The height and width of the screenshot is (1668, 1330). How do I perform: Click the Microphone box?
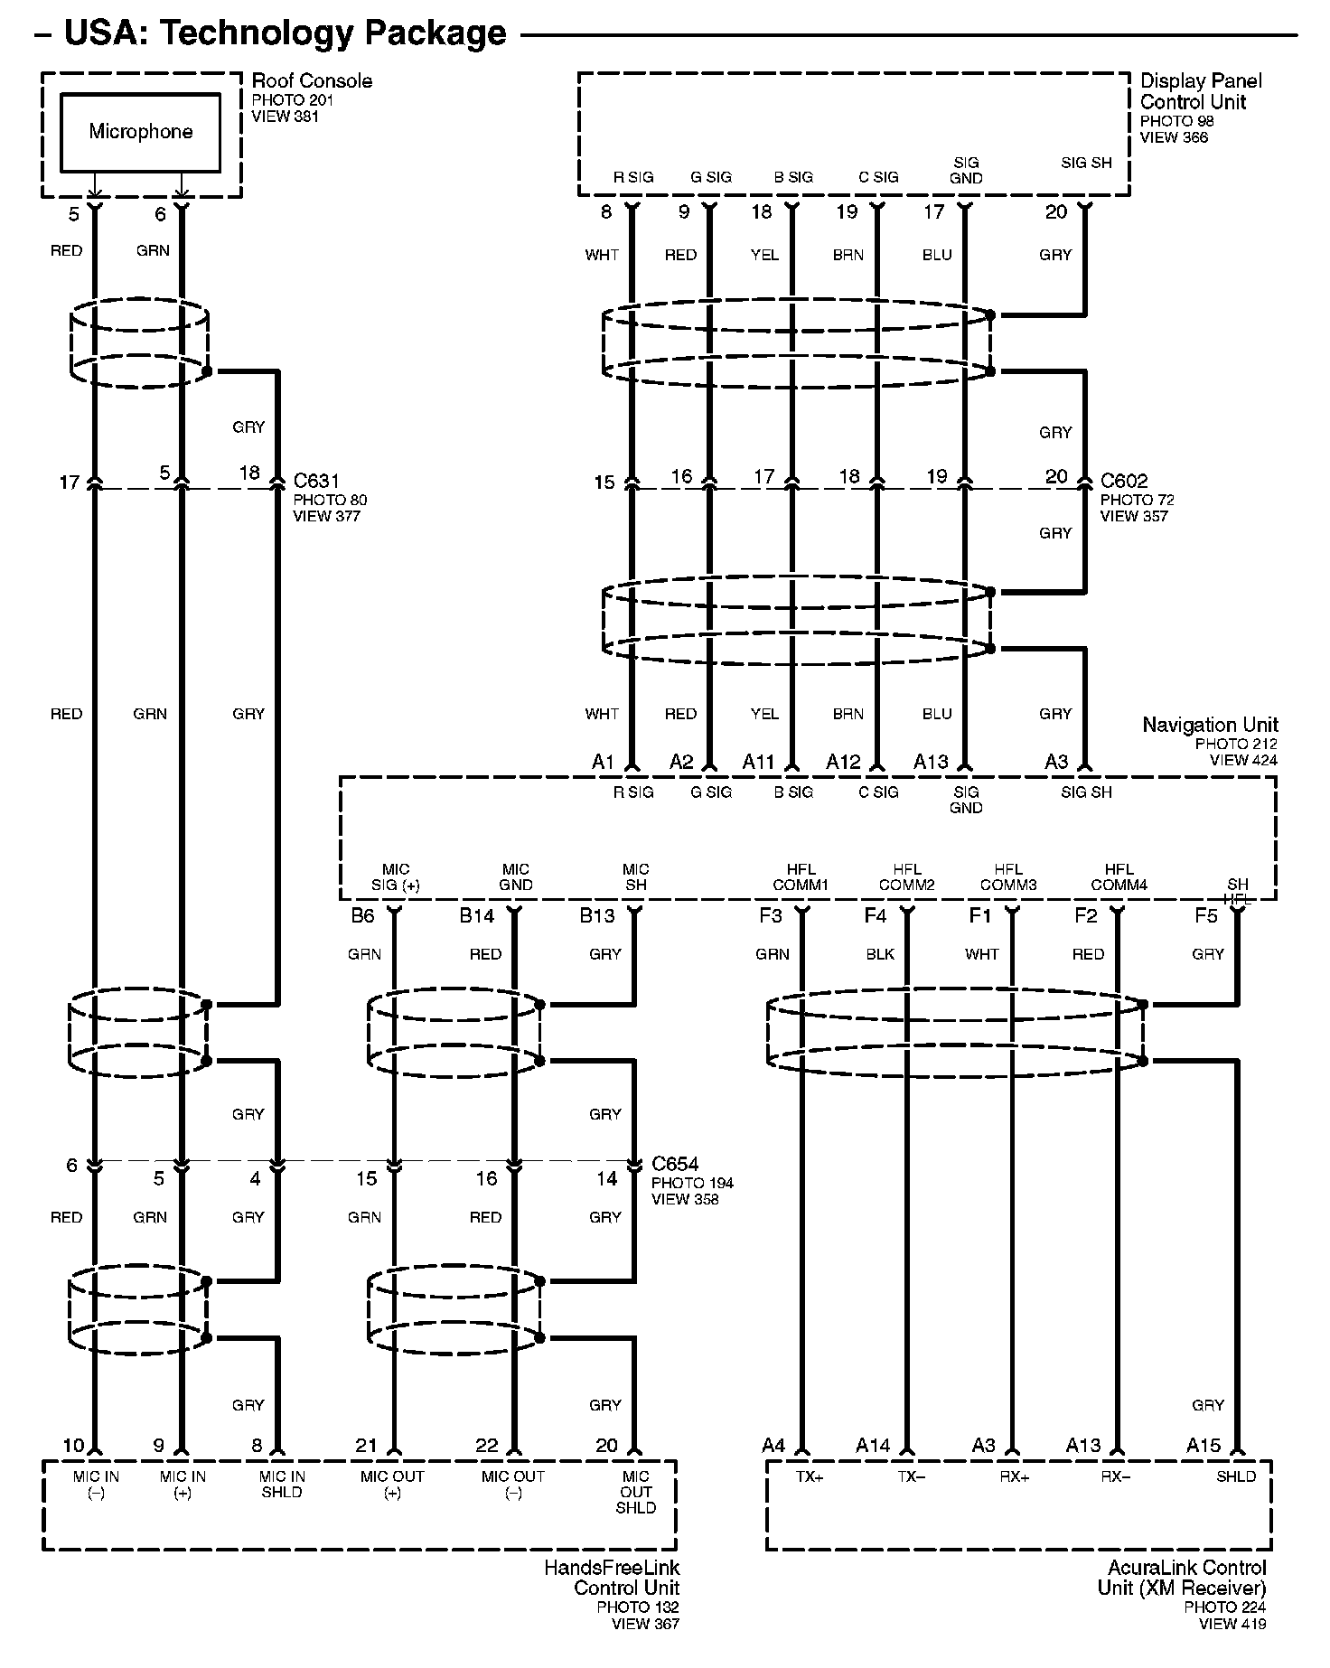(140, 132)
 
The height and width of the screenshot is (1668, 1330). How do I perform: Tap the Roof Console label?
(311, 81)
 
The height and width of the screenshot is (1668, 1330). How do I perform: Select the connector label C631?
(316, 481)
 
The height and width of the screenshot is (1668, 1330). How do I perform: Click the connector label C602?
(1123, 481)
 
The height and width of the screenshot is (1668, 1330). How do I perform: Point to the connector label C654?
(675, 1164)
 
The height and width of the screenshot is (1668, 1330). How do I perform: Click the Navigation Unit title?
(1210, 725)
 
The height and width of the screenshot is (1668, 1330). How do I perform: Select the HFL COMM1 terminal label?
(800, 877)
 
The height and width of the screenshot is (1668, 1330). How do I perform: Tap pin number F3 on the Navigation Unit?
(770, 916)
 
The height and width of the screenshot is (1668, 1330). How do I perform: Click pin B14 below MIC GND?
(476, 916)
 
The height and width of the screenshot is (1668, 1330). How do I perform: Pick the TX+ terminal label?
(810, 1476)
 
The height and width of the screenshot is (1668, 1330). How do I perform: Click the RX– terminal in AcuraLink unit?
(1115, 1476)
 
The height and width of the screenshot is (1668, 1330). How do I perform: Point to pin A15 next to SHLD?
(1204, 1447)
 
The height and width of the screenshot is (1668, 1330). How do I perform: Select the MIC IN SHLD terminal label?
(282, 1484)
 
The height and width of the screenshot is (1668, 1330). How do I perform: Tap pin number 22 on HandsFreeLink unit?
(486, 1447)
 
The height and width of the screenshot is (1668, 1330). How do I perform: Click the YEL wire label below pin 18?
(764, 255)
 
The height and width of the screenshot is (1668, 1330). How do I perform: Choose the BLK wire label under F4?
(880, 954)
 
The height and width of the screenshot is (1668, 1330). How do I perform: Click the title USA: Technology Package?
(286, 33)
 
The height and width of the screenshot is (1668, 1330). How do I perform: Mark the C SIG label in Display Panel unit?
(878, 177)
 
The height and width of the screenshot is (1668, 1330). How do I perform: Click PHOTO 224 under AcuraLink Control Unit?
(1224, 1607)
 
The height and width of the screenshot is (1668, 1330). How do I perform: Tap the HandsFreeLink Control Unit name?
(612, 1578)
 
